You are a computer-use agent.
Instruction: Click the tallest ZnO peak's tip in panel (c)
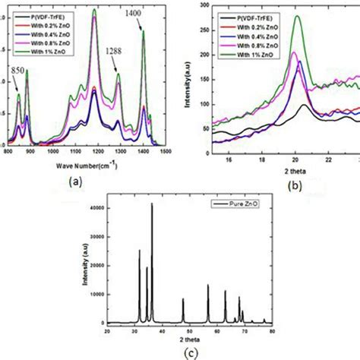point(152,204)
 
